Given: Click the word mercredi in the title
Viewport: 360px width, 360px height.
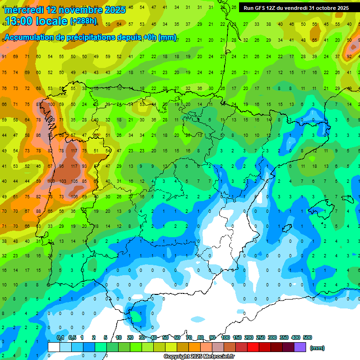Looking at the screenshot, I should (24, 10).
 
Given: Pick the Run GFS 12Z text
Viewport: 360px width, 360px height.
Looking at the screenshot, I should (262, 8).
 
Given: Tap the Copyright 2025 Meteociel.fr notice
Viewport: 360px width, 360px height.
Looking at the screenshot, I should (199, 357).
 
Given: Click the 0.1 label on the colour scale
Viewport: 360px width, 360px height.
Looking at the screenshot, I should (60, 337).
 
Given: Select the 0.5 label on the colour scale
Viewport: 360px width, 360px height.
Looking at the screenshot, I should (72, 337).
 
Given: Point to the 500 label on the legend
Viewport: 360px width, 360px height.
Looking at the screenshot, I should (307, 337).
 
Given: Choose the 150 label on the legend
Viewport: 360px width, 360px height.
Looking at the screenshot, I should (237, 337).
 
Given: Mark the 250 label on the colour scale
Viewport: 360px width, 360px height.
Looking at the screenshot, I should (261, 337).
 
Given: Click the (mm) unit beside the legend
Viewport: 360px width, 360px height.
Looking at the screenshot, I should (317, 348).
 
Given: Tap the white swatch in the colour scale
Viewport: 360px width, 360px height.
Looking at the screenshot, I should (54, 347).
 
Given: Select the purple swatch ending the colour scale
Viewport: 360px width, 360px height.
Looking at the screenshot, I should (300, 347).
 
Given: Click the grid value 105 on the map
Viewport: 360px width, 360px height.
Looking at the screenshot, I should (74, 181).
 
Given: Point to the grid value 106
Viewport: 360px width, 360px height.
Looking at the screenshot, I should (74, 196).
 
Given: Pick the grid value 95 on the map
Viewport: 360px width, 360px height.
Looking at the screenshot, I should (62, 166).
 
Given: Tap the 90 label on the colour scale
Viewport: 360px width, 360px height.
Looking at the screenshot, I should (212, 337).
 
